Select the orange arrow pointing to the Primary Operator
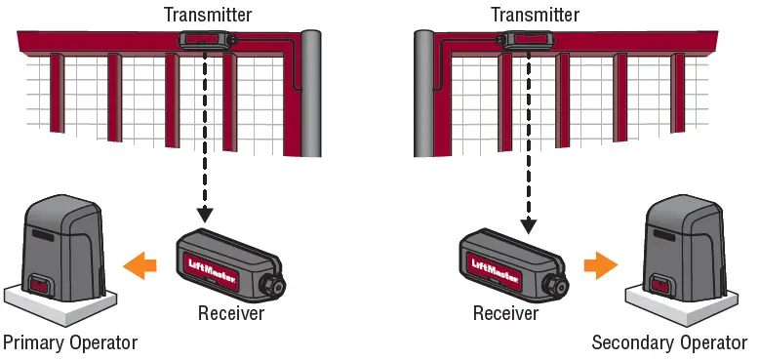click(x=141, y=262)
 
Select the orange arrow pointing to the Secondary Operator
click(x=598, y=262)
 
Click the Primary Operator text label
click(x=70, y=342)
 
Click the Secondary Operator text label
click(x=669, y=342)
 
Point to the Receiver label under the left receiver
click(x=231, y=313)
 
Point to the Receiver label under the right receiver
click(x=506, y=313)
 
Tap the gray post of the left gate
click(x=311, y=93)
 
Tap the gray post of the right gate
click(x=423, y=93)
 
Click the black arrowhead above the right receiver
click(x=529, y=224)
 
